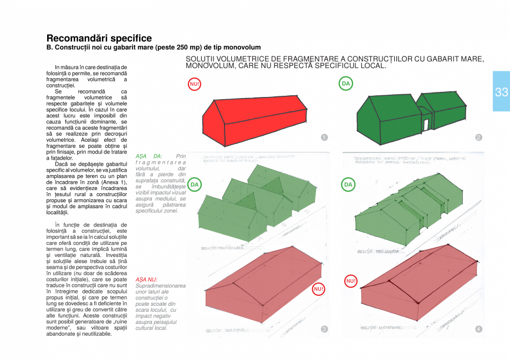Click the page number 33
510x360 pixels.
501,92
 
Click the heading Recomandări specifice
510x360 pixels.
99,38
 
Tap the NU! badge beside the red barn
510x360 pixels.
195,84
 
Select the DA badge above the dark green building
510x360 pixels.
346,84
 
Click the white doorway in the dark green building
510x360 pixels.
426,125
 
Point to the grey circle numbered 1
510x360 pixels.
324,137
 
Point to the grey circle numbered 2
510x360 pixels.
478,137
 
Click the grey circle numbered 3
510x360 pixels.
324,329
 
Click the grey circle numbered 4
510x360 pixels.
478,329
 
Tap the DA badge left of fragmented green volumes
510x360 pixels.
195,184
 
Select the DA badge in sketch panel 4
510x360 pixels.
348,184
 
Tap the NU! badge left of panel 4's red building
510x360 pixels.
351,281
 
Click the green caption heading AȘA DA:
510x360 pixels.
149,156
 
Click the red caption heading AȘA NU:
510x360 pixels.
146,279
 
